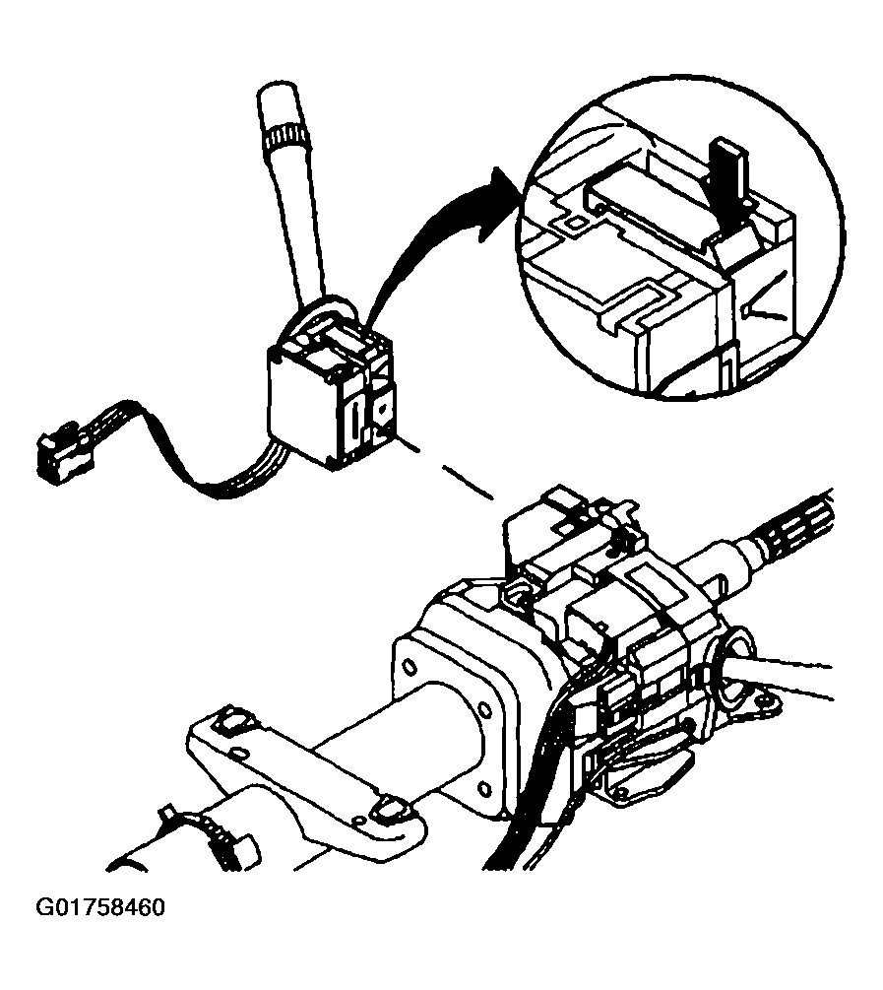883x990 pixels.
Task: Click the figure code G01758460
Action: click(101, 907)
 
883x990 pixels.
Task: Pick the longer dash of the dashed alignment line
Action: click(467, 483)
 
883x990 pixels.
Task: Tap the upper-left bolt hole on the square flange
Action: click(409, 666)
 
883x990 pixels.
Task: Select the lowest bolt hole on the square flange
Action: click(484, 789)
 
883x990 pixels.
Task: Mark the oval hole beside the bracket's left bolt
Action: click(238, 753)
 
